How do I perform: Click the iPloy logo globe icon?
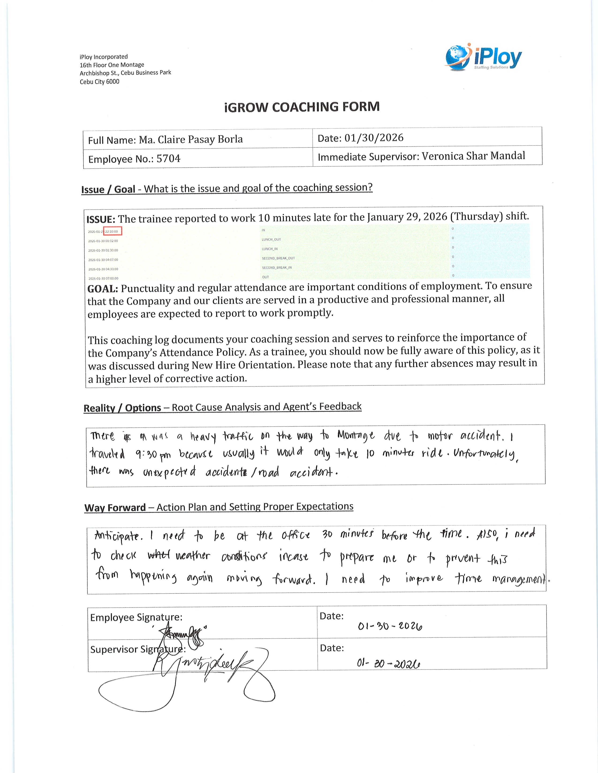point(457,57)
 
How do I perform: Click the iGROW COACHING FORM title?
point(302,107)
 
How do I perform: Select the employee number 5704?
point(168,159)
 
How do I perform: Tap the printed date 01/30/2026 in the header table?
point(374,138)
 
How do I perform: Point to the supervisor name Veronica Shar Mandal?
point(473,156)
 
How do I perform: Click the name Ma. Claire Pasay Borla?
point(191,139)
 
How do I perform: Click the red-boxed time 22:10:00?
point(112,231)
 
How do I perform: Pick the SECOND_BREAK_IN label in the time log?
point(277,268)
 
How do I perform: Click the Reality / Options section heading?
point(122,408)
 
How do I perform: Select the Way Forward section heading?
point(115,508)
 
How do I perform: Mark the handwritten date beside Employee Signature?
point(390,626)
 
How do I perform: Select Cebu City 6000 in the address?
point(99,82)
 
